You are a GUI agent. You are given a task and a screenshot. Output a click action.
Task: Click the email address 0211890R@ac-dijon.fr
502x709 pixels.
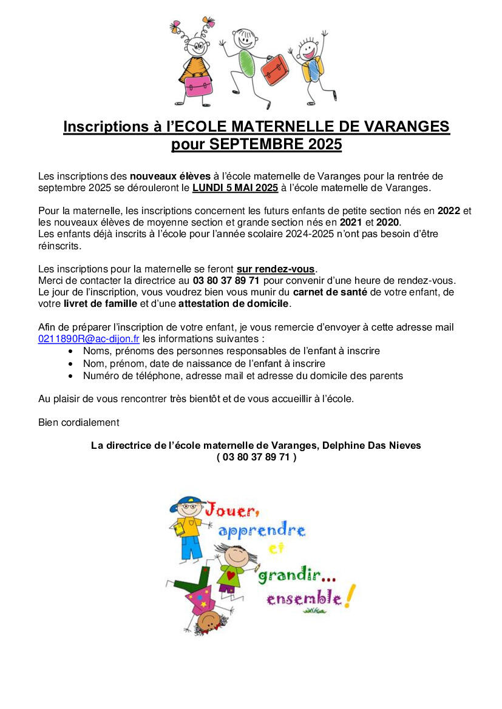point(89,339)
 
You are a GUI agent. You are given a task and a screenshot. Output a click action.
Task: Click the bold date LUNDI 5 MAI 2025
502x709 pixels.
point(235,188)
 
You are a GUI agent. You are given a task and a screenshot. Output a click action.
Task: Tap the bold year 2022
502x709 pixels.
point(449,211)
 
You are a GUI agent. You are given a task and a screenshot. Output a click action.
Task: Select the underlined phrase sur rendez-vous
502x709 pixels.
point(276,269)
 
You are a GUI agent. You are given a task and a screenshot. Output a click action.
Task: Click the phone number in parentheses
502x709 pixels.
point(256,457)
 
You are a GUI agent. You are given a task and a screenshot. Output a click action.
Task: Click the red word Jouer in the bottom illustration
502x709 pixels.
point(228,511)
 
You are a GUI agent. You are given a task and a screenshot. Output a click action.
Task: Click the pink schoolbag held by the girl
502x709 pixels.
point(198,86)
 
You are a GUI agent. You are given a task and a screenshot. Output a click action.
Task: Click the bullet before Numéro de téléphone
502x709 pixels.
point(72,376)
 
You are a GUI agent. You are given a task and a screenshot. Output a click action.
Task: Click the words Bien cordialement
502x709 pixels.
point(79,422)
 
